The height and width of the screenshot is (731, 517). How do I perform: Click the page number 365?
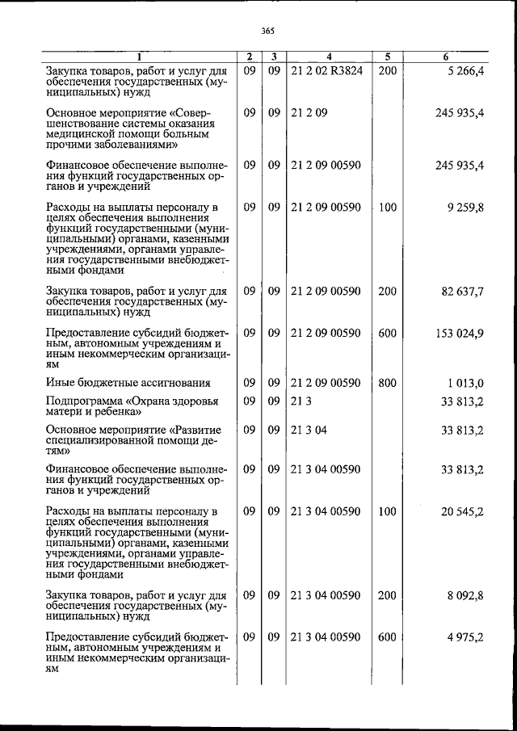[x=268, y=32]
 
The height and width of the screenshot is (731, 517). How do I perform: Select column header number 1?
[x=138, y=57]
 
